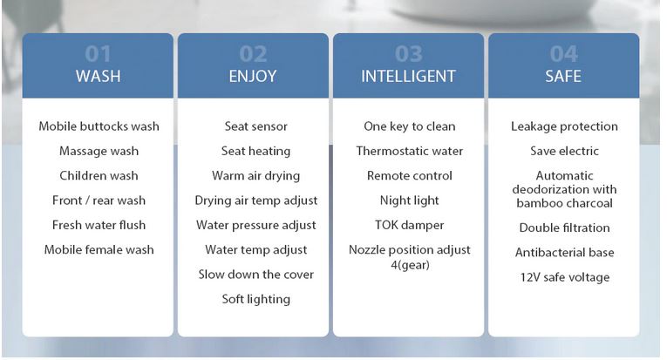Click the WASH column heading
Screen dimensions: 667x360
pos(99,76)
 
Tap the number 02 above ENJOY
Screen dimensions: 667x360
pos(253,53)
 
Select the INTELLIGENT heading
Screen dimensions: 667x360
pos(408,76)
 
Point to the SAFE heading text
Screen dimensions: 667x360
pos(563,76)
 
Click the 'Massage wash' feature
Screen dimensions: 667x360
pos(99,152)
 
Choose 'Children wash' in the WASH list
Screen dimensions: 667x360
pos(99,175)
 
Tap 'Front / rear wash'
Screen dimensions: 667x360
pos(99,200)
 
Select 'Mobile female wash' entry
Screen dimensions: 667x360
pos(99,249)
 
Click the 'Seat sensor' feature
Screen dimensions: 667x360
pos(256,126)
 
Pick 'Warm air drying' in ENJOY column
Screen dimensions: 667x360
pos(256,176)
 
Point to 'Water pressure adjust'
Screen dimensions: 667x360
pos(256,225)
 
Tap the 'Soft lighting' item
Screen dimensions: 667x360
pos(256,299)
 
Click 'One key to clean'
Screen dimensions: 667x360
pos(410,126)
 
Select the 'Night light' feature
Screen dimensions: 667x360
pos(410,200)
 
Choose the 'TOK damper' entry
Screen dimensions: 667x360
pos(410,225)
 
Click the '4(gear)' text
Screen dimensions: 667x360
pos(410,265)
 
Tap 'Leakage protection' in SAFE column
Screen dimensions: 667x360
pos(564,126)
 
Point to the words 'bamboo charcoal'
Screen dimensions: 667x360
pos(564,203)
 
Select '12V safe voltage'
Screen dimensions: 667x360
pos(565,277)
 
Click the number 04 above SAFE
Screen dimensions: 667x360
pos(563,53)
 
